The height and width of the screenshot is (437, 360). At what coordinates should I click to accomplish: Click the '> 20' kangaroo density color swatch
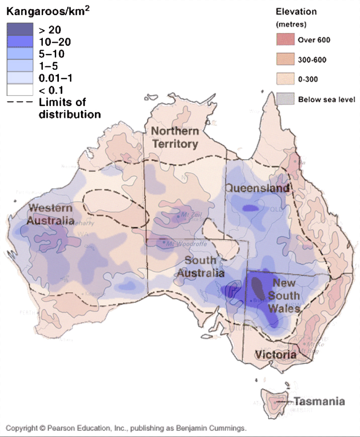[20, 29]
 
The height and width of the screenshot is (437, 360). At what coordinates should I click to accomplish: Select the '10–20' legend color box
[20, 41]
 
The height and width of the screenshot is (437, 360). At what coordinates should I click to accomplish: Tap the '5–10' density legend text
[52, 54]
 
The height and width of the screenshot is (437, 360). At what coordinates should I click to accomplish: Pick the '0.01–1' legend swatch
[20, 78]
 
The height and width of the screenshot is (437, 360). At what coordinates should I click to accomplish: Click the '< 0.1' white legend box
[20, 90]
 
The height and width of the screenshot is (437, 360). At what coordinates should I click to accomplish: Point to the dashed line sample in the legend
[20, 102]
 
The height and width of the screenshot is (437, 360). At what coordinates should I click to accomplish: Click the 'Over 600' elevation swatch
[284, 40]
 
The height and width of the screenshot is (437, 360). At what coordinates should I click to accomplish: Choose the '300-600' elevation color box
[284, 60]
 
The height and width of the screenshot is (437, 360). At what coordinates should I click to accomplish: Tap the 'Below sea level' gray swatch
[284, 99]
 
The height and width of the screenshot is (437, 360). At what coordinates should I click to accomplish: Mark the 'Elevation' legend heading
[296, 11]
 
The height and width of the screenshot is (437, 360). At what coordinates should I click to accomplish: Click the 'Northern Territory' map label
[175, 138]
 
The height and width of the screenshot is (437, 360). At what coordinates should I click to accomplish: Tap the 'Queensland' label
[257, 188]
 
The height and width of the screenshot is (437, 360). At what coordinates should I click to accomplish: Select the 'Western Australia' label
[50, 214]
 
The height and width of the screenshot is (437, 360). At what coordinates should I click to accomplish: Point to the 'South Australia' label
[200, 267]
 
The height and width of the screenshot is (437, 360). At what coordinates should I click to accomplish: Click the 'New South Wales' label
[285, 295]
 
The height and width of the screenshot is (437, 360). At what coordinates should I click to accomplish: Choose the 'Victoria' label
[275, 355]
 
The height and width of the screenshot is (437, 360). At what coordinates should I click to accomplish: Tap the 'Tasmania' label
[319, 401]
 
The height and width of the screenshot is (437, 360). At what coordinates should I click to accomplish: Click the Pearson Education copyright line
[126, 428]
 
